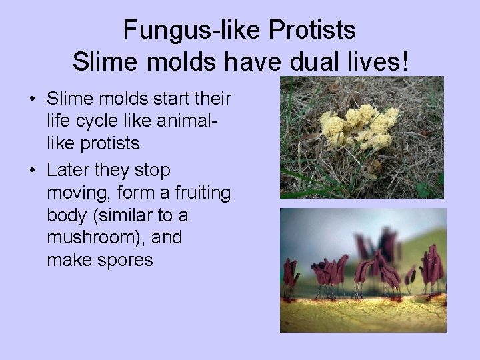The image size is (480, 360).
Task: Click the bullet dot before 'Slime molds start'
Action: (32, 100)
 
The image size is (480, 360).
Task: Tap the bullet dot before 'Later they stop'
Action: (32, 171)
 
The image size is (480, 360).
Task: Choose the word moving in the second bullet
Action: (73, 193)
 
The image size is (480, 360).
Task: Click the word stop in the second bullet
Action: (151, 170)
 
